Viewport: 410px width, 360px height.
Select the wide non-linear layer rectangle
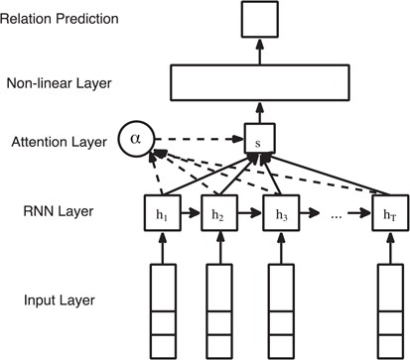click(x=260, y=82)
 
